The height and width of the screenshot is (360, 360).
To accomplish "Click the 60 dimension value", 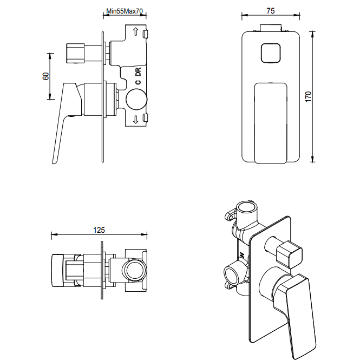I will click(x=45, y=76).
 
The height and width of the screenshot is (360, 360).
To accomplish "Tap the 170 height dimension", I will click(x=309, y=96).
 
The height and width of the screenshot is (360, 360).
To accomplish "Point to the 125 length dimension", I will click(x=99, y=230).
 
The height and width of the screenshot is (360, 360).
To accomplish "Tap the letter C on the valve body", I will click(x=138, y=82).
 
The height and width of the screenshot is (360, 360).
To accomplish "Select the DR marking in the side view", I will click(x=138, y=71).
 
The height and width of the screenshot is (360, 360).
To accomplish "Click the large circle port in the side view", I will click(x=136, y=100).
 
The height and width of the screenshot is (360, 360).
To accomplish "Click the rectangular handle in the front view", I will click(x=270, y=122).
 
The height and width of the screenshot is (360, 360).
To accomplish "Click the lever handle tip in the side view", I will click(x=55, y=158).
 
